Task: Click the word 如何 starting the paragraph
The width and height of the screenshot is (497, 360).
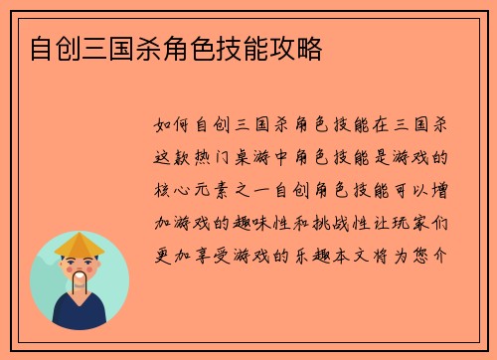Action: tap(174, 126)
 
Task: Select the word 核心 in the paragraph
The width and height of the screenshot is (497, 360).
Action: tap(174, 189)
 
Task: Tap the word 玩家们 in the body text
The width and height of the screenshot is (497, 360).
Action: tap(425, 221)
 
